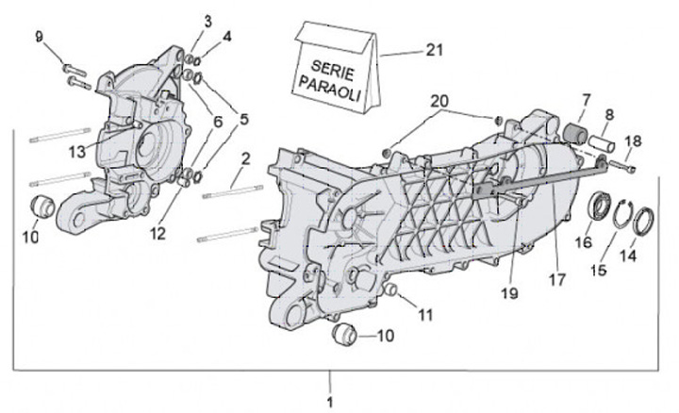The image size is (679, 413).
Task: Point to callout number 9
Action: point(40,37)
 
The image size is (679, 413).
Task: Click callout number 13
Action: point(76,151)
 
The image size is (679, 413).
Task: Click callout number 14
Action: point(628,255)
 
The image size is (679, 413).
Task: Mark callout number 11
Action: point(426,314)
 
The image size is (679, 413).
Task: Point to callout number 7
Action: point(585,99)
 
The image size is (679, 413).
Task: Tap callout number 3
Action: point(208,20)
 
